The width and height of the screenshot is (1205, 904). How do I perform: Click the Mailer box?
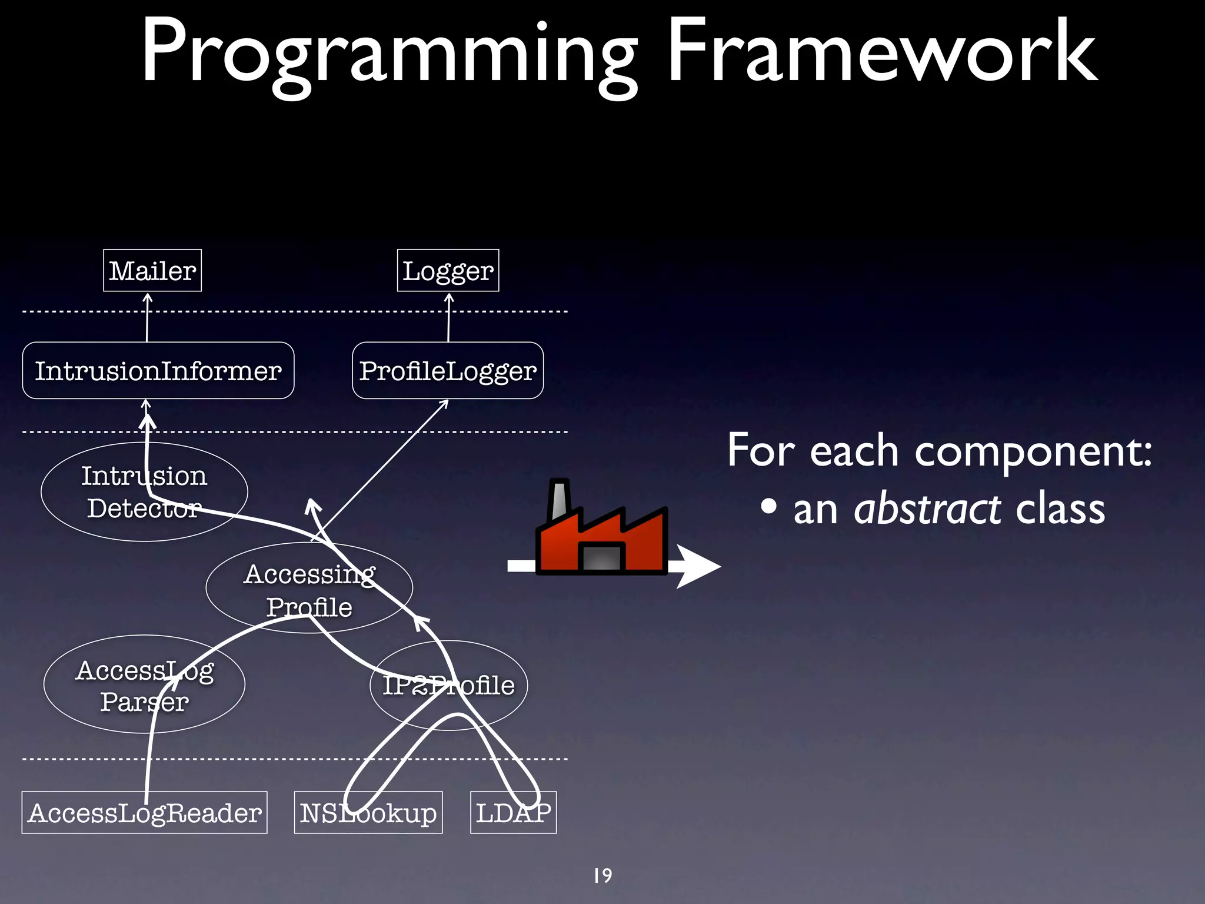pyautogui.click(x=152, y=271)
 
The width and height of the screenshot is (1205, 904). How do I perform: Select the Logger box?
pyautogui.click(x=448, y=271)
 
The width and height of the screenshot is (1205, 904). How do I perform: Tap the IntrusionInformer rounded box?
pyautogui.click(x=158, y=371)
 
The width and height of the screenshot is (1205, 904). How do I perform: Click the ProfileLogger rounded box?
pyautogui.click(x=448, y=371)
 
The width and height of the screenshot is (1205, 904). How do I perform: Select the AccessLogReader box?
pyautogui.click(x=144, y=813)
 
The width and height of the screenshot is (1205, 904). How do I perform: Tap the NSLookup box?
pyautogui.click(x=368, y=813)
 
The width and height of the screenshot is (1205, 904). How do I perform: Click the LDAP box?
pyautogui.click(x=513, y=813)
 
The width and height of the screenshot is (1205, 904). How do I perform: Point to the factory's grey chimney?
pyautogui.click(x=558, y=500)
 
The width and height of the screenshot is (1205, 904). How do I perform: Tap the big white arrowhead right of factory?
pyautogui.click(x=697, y=566)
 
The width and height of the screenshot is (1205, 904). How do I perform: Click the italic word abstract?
pyautogui.click(x=927, y=510)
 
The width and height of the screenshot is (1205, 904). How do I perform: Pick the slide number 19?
pyautogui.click(x=602, y=876)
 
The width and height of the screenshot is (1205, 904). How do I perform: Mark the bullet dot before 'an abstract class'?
pyautogui.click(x=768, y=508)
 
